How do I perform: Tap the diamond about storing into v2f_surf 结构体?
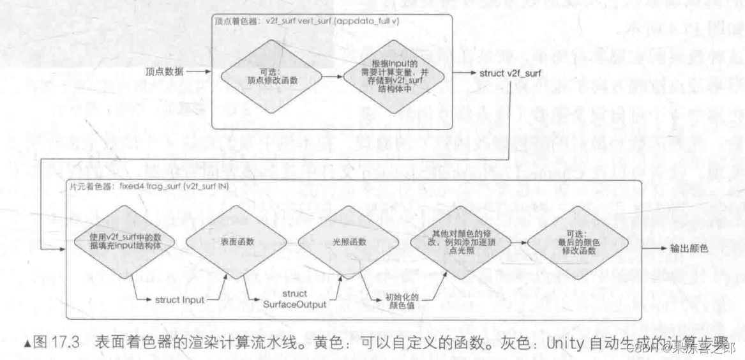point(389,76)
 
